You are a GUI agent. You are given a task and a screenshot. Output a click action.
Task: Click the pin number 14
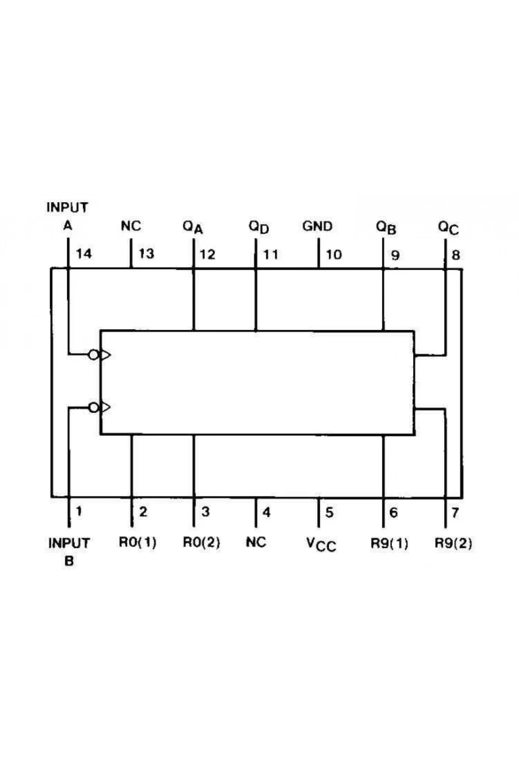(x=84, y=254)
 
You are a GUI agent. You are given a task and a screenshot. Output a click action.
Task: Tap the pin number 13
(x=146, y=254)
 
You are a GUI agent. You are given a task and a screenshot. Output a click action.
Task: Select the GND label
(x=318, y=227)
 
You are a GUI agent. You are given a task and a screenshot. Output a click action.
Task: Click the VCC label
(x=321, y=544)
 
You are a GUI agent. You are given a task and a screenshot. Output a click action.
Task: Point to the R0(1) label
(x=138, y=542)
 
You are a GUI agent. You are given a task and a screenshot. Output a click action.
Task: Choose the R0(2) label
(x=201, y=542)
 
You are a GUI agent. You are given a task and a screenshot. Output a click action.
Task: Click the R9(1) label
(x=389, y=543)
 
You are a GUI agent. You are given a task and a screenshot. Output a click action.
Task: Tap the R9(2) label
(x=454, y=543)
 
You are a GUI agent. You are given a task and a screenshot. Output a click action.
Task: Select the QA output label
(x=193, y=228)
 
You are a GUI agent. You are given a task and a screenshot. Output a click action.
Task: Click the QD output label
(x=259, y=227)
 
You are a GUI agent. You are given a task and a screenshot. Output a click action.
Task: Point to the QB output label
(x=386, y=228)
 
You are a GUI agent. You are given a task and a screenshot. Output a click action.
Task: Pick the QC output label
(x=448, y=228)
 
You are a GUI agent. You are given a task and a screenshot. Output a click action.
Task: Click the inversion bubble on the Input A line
(x=93, y=355)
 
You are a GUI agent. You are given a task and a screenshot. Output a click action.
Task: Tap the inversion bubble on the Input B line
(x=93, y=407)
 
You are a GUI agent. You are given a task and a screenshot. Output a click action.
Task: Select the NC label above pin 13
(x=131, y=226)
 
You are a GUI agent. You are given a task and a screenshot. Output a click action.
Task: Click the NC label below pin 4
(x=256, y=543)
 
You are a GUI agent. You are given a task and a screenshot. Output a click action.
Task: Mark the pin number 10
(x=334, y=255)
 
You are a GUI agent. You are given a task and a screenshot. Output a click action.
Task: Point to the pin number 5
(x=329, y=512)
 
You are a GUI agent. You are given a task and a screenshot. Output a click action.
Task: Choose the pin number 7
(x=455, y=512)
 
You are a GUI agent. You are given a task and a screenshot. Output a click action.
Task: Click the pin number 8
(x=456, y=255)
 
